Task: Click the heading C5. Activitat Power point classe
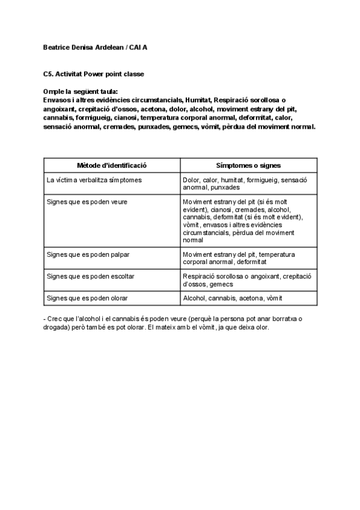click(x=93, y=74)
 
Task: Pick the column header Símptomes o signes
click(x=248, y=165)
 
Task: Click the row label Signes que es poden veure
click(x=87, y=202)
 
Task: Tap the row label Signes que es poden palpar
click(x=88, y=254)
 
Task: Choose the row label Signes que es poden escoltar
click(x=90, y=277)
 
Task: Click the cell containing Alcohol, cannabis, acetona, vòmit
click(x=232, y=298)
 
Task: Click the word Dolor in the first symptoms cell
click(x=191, y=179)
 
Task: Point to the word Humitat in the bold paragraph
click(x=198, y=100)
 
